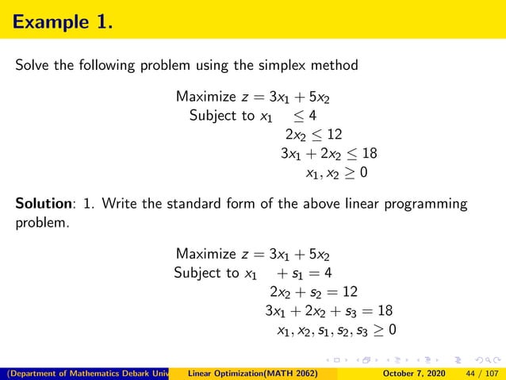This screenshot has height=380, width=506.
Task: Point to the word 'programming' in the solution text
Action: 430,205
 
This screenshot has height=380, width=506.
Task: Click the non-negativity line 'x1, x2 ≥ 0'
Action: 336,172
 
